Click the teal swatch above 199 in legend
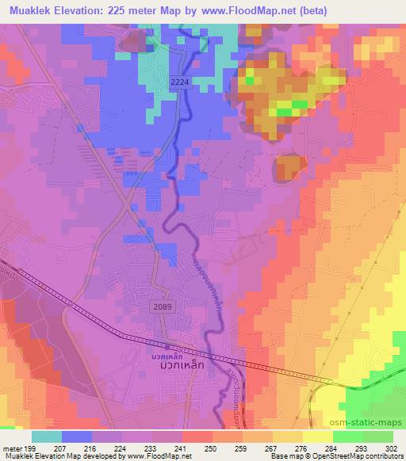47,436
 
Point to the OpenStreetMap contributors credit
361,456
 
